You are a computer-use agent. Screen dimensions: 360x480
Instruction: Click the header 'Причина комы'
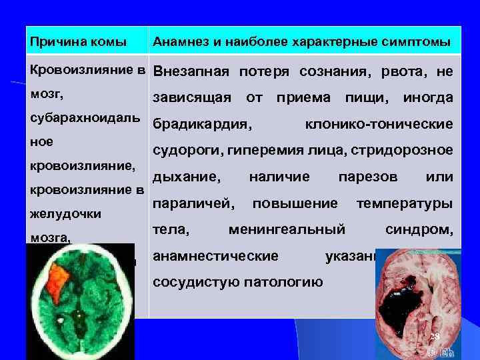click(x=78, y=43)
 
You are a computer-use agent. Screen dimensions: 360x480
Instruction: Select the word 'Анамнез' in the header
click(x=176, y=43)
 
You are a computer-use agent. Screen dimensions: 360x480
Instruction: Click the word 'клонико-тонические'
click(x=379, y=124)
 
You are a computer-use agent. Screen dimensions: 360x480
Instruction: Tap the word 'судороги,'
click(x=188, y=151)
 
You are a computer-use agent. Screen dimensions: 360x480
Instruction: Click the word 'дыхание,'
click(x=187, y=177)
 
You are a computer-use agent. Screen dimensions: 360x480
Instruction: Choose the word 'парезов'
click(x=368, y=177)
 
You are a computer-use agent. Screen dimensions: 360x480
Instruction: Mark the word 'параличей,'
click(x=193, y=203)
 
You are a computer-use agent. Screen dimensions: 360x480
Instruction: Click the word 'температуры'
click(x=405, y=203)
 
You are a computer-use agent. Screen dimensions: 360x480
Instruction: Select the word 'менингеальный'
click(x=287, y=229)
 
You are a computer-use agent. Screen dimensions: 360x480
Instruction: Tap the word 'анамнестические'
click(x=215, y=256)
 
